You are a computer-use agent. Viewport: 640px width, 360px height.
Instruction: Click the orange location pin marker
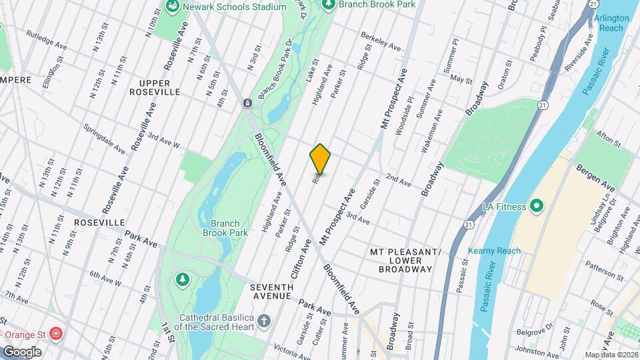point(320,159)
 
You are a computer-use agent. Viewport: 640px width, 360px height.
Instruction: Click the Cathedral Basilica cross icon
point(264,321)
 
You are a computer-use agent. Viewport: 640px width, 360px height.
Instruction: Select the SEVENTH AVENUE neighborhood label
point(271,291)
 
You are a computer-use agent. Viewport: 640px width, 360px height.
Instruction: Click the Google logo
point(22,351)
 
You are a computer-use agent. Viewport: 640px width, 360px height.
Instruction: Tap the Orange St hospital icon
point(58,333)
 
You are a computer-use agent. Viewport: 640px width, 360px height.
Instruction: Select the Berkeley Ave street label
point(381,41)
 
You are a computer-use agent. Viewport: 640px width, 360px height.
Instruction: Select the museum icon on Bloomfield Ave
point(247,103)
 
